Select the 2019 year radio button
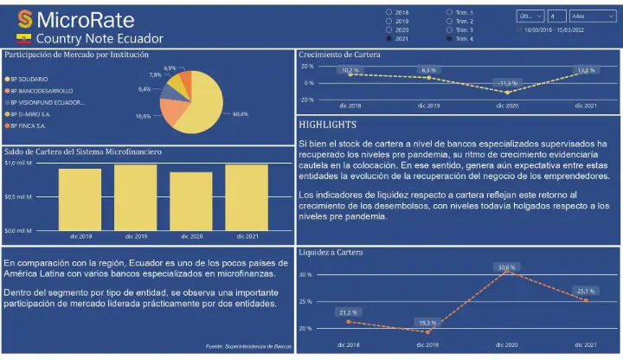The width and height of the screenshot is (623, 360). (x=389, y=21)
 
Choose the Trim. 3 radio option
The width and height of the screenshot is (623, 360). (x=450, y=29)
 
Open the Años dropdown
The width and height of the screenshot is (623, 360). (x=592, y=16)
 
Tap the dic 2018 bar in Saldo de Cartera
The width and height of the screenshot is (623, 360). (x=80, y=199)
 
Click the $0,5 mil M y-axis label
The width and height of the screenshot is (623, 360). (x=18, y=196)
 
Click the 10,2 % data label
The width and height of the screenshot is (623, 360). (x=350, y=70)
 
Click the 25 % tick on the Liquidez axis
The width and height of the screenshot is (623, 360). (x=305, y=301)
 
